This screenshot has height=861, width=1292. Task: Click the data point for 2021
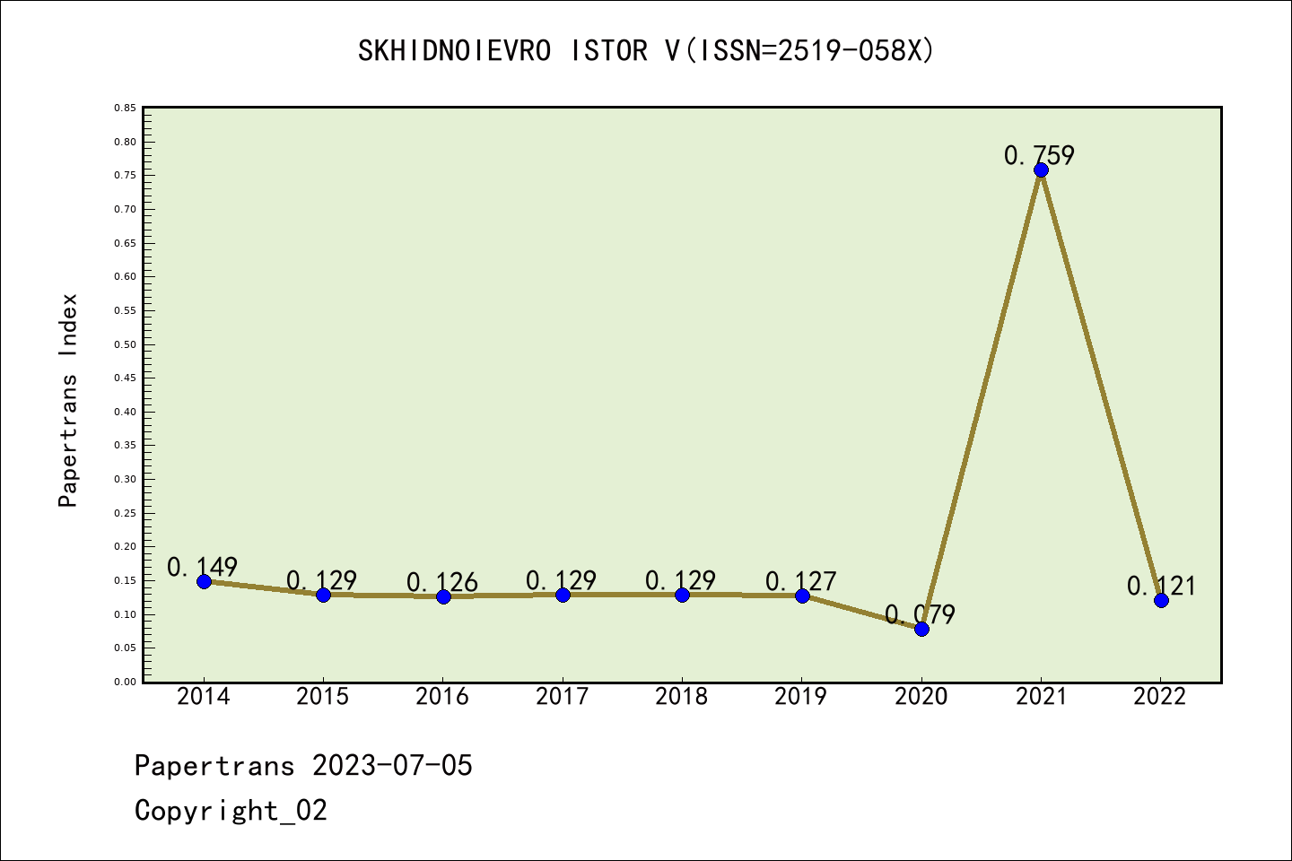click(1041, 170)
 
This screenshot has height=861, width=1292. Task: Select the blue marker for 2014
click(204, 581)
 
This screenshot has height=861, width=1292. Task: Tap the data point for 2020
click(921, 629)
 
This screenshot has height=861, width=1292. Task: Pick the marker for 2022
click(1161, 600)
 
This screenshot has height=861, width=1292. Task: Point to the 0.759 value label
click(1039, 155)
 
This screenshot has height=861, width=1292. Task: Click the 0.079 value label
click(920, 614)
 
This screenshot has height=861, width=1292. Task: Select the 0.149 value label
click(202, 567)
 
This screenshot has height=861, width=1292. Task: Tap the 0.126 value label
click(441, 582)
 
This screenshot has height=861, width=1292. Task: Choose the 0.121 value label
click(1161, 586)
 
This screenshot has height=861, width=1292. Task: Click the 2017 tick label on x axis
click(562, 696)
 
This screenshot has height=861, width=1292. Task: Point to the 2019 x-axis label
click(800, 696)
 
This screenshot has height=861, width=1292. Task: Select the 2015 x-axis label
click(322, 696)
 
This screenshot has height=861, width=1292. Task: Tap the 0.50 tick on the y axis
click(125, 344)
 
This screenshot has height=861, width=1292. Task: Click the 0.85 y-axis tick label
click(125, 108)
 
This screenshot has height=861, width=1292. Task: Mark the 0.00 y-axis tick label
click(125, 682)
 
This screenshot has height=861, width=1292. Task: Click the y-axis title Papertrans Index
click(68, 400)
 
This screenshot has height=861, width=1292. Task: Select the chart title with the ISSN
click(646, 51)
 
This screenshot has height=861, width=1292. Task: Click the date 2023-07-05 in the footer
click(392, 765)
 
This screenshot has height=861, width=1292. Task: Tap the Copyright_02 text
click(231, 810)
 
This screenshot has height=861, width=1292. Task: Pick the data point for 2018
click(682, 595)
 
